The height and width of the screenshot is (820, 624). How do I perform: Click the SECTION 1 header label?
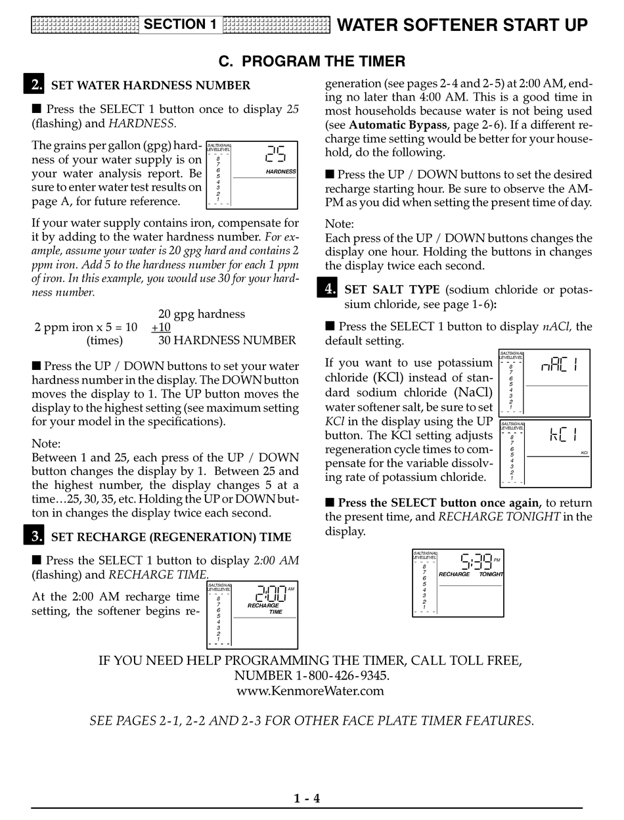pos(180,25)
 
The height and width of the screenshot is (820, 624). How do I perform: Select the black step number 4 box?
pos(327,288)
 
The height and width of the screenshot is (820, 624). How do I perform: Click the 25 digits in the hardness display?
pos(275,154)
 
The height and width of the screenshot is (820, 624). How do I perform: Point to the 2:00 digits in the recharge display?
pos(270,594)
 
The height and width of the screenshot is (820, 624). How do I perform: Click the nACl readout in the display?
pos(559,365)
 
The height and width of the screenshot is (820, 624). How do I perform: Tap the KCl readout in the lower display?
pos(563,435)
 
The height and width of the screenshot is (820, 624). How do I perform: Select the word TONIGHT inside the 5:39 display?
pos(491,574)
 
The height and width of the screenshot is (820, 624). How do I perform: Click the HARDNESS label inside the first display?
pos(280,171)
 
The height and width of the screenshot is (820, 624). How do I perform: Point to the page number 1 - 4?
pos(307,799)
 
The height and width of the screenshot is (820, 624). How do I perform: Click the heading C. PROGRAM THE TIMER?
pos(311,62)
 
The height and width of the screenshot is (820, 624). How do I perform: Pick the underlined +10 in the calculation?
pos(161,327)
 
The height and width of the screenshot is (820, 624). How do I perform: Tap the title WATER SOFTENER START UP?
pos(462,25)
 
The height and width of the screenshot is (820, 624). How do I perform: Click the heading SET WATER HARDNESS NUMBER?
pos(150,85)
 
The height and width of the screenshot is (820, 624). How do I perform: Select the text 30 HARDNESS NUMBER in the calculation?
pos(227,340)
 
